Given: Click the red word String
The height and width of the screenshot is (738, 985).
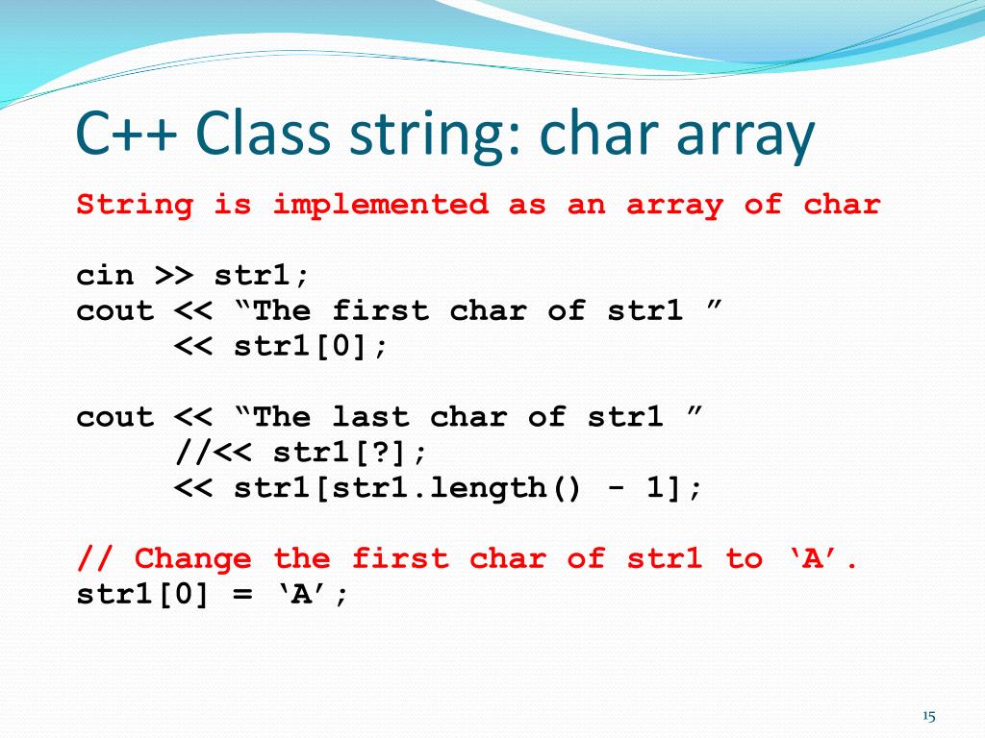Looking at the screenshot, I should (x=135, y=205).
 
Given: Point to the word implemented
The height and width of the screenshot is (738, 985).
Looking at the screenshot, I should (x=380, y=205).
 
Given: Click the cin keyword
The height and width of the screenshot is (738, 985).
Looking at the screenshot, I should (x=105, y=276).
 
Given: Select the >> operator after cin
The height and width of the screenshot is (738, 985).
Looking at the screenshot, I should (x=174, y=276).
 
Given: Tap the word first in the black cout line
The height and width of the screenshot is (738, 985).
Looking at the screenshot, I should (x=380, y=311).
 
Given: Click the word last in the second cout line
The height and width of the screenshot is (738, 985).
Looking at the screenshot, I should (x=370, y=417).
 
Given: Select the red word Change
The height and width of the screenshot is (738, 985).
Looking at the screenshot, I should (x=193, y=558).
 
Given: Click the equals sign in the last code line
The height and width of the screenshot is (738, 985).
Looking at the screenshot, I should (x=242, y=594).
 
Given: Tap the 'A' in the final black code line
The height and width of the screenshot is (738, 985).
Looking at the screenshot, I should (x=301, y=594).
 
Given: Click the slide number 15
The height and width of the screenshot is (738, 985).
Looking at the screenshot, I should (x=928, y=716).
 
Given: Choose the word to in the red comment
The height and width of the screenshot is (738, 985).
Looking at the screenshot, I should (x=745, y=558).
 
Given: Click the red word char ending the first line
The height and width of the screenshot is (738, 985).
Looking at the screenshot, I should (x=843, y=205).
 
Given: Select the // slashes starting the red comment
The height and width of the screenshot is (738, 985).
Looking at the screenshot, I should (x=95, y=558).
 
